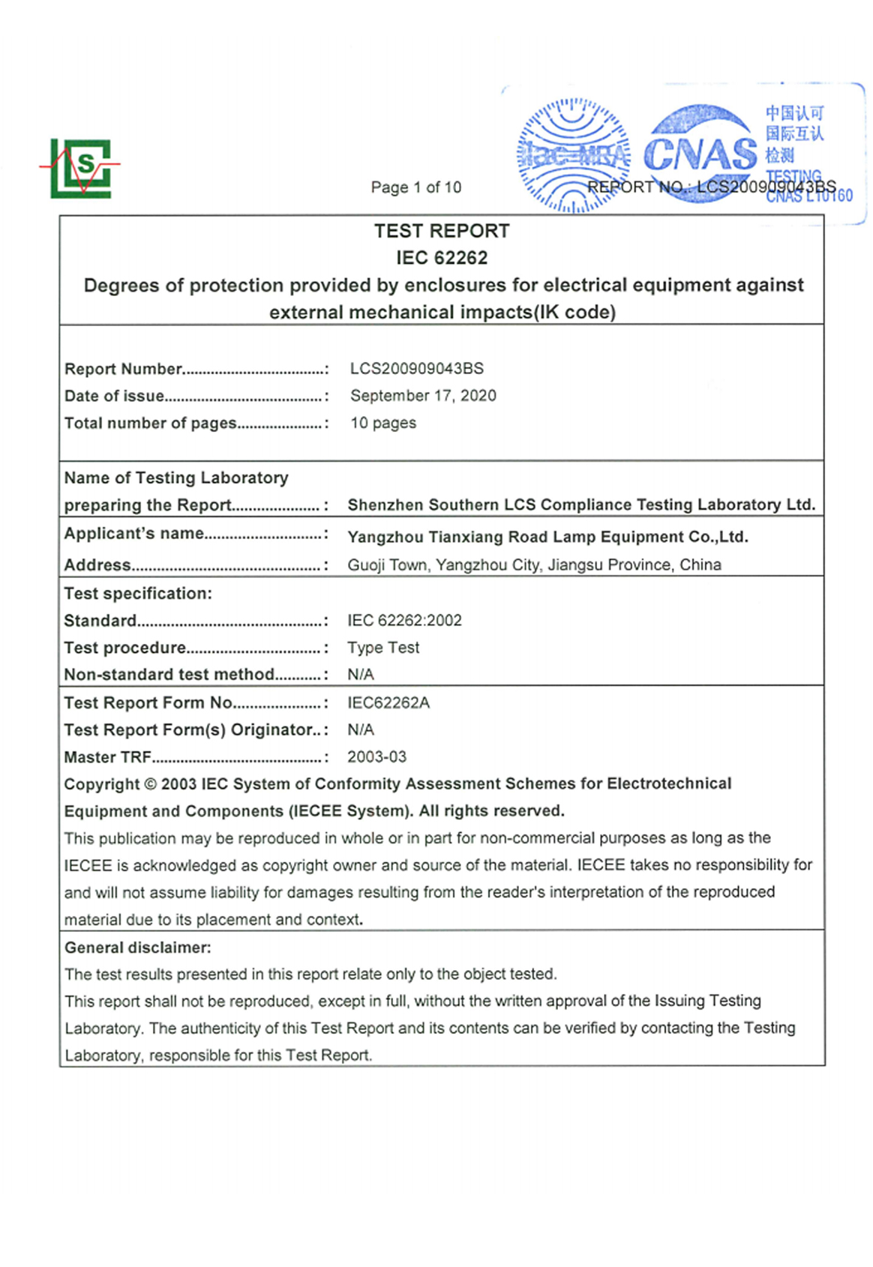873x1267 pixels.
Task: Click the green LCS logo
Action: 81,168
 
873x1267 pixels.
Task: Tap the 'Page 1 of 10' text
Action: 415,187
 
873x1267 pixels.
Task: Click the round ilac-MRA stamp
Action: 573,155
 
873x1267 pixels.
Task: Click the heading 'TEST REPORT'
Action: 442,231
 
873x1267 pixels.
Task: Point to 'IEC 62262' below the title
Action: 442,258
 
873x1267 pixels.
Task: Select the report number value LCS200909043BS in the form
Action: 416,369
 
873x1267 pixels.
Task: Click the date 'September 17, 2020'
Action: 423,396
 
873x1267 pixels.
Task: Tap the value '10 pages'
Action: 382,423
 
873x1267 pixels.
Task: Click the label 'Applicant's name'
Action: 133,533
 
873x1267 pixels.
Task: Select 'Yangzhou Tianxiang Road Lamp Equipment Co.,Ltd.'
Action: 547,537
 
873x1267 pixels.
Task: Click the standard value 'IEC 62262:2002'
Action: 404,621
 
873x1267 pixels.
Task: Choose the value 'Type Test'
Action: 383,648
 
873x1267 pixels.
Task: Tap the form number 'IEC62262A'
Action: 388,703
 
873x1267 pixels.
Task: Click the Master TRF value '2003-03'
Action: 376,757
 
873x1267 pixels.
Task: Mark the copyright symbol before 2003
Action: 150,784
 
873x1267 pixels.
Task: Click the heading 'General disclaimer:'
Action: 137,948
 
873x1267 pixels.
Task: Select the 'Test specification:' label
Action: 138,594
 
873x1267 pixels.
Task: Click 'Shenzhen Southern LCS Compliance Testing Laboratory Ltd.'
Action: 580,505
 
